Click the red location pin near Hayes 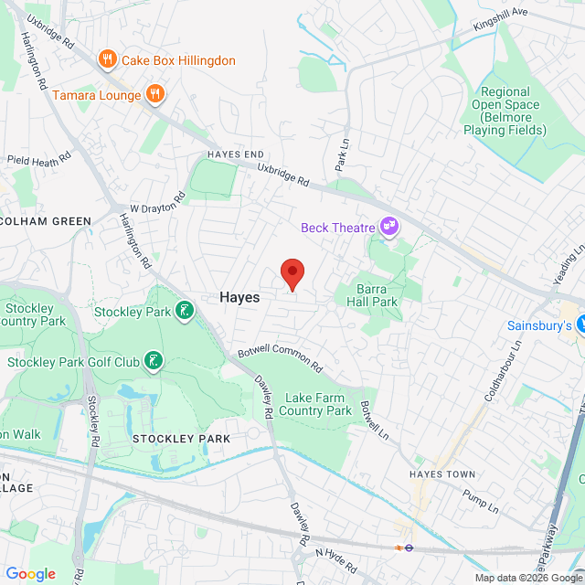pos(292,273)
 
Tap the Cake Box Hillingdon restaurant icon pos(108,60)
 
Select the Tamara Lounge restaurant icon pos(155,94)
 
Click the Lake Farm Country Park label pos(317,404)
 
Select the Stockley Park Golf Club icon pos(153,361)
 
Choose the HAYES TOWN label pos(443,474)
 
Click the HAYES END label pos(234,154)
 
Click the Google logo pos(31,573)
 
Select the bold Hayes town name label pos(239,298)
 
